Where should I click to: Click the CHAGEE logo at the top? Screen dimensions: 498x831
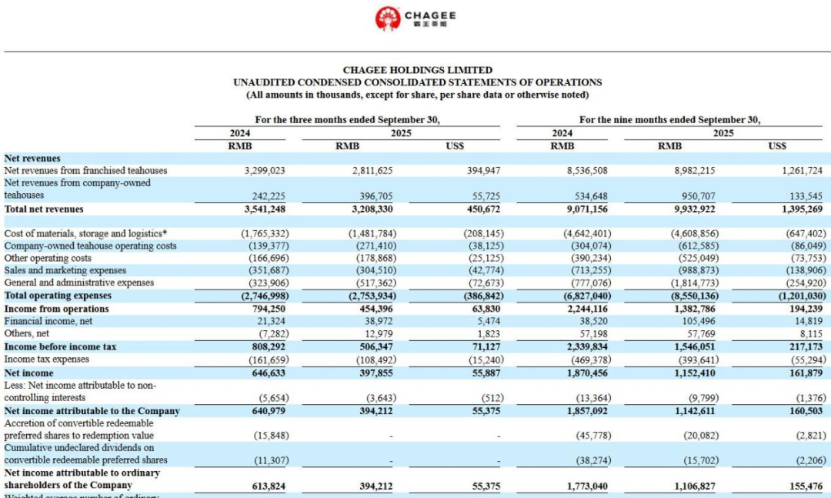[x=415, y=18]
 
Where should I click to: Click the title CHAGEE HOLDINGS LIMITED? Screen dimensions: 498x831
[x=417, y=70]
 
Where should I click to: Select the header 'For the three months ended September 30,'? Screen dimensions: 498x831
[x=347, y=120]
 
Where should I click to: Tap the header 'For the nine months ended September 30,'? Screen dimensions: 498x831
[x=669, y=120]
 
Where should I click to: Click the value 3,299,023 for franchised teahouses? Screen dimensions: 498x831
[x=269, y=171]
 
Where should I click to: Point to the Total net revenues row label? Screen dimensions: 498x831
[x=44, y=209]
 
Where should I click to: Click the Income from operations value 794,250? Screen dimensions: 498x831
[x=273, y=309]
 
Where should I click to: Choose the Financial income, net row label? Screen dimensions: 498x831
[x=46, y=321]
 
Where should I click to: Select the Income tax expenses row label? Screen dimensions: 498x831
[x=46, y=359]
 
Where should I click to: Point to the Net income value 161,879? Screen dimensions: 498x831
[x=804, y=373]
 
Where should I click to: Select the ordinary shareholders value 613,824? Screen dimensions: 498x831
[x=273, y=486]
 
